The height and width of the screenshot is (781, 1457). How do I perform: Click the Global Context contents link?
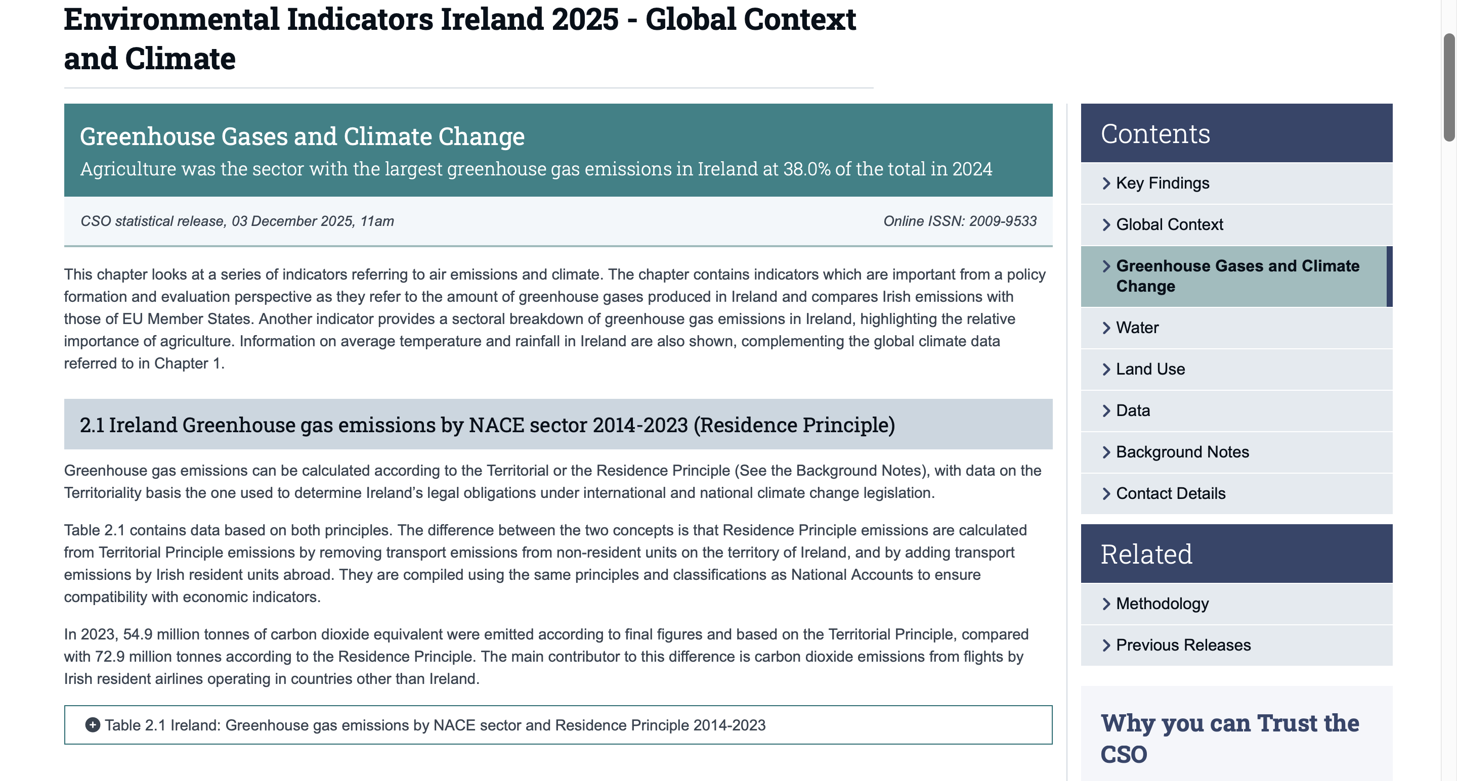(x=1169, y=224)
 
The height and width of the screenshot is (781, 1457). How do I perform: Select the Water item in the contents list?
(x=1137, y=328)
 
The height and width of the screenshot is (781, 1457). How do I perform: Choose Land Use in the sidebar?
(x=1150, y=369)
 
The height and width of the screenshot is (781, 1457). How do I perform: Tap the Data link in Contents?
(x=1132, y=410)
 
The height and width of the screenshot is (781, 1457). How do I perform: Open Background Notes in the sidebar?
(x=1182, y=452)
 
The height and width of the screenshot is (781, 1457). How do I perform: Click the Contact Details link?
(x=1170, y=493)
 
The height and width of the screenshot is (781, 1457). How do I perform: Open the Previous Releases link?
(x=1183, y=645)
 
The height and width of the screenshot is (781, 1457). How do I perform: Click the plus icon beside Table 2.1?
(x=92, y=724)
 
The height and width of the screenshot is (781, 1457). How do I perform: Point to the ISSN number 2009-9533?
(x=1002, y=221)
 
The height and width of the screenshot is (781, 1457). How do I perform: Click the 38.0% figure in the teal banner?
(x=806, y=169)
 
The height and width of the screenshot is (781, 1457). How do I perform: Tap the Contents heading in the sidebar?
(x=1155, y=134)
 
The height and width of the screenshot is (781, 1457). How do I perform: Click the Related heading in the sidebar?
(x=1146, y=554)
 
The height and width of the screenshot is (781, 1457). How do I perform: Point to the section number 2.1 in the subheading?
(x=92, y=425)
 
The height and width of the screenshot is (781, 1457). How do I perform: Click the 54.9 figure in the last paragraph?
(x=138, y=634)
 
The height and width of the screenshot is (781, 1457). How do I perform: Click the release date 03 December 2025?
(x=293, y=221)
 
